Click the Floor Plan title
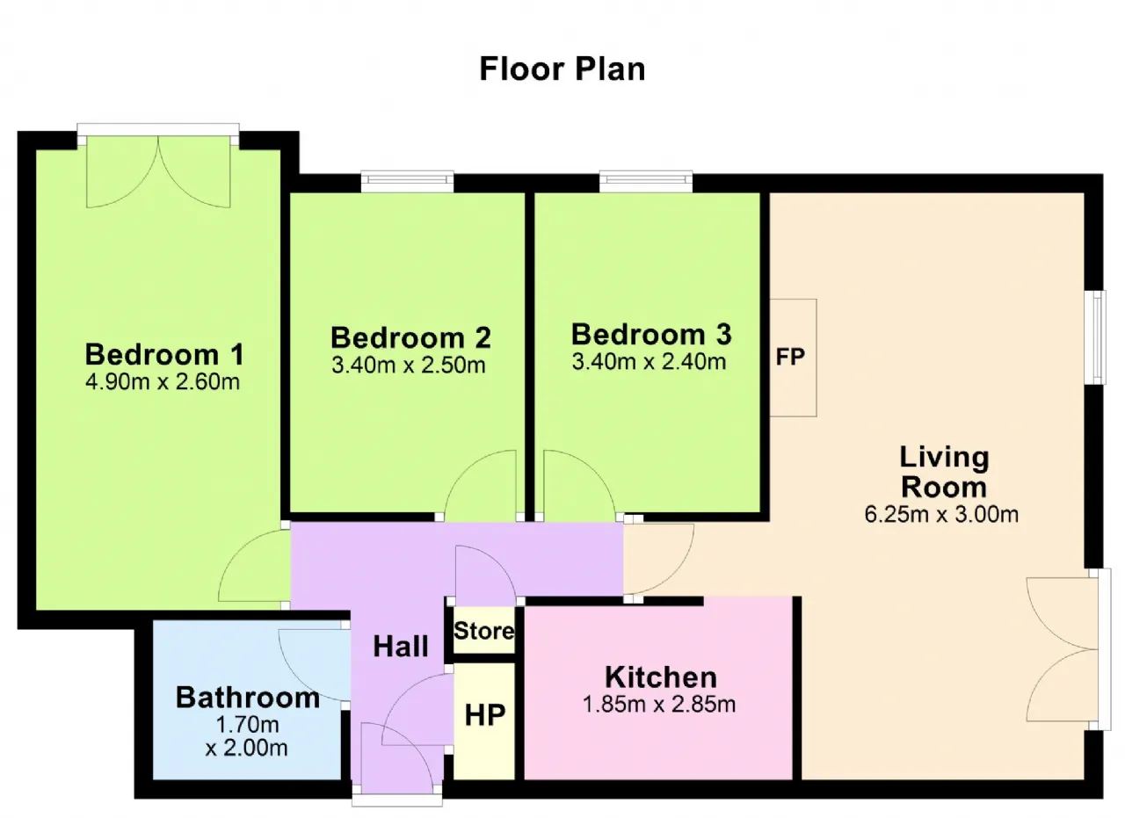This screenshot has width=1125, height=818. [562, 69]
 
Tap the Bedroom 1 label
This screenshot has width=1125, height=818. [164, 354]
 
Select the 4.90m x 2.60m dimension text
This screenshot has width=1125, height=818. [163, 382]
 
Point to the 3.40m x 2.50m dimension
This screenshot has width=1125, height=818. [409, 365]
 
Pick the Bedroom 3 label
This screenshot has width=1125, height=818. [651, 334]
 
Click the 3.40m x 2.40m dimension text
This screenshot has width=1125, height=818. [649, 361]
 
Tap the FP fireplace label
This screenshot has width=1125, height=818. [790, 357]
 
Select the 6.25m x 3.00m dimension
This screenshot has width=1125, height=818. [941, 515]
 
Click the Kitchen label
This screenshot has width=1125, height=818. [661, 677]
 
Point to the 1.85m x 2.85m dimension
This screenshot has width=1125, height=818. [659, 705]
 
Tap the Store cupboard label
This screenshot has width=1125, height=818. [484, 631]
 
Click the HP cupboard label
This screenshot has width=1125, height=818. [485, 715]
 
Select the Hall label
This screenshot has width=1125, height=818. [401, 647]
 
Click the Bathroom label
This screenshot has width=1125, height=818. [248, 698]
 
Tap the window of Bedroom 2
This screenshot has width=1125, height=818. [407, 182]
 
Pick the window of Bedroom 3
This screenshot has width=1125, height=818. [646, 182]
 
